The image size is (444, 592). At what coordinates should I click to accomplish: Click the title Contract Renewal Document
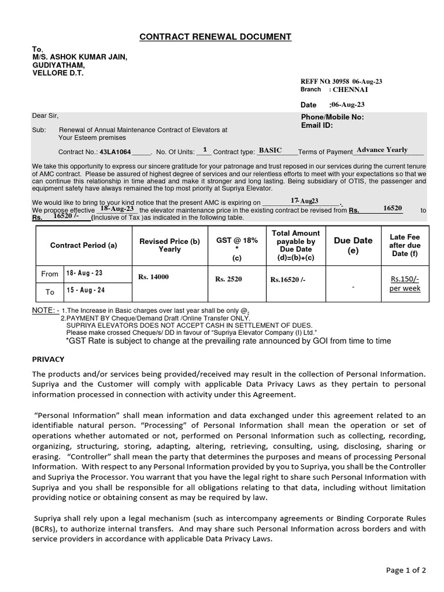[x=216, y=38]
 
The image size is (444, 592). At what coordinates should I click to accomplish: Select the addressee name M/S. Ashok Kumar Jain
[x=80, y=57]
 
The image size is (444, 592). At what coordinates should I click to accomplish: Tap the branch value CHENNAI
[x=350, y=90]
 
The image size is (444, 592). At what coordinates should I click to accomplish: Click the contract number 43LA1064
[x=115, y=152]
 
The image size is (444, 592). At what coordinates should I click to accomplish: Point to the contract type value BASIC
[x=270, y=150]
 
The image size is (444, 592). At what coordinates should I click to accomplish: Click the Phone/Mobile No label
[x=332, y=117]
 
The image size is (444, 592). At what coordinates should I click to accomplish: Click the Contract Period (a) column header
[x=83, y=245]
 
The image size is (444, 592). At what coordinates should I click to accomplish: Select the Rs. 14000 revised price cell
[x=153, y=277]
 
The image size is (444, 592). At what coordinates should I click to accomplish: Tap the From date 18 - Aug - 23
[x=85, y=273]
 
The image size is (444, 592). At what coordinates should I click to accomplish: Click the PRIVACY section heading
[x=49, y=359]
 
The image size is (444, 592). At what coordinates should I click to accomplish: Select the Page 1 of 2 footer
[x=406, y=570]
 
